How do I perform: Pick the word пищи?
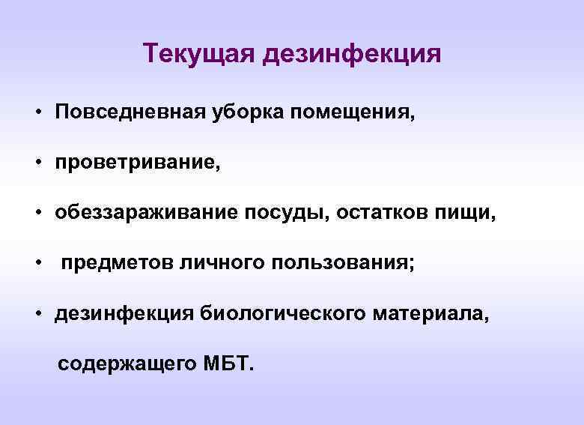point(465,214)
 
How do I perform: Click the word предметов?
point(117,264)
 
